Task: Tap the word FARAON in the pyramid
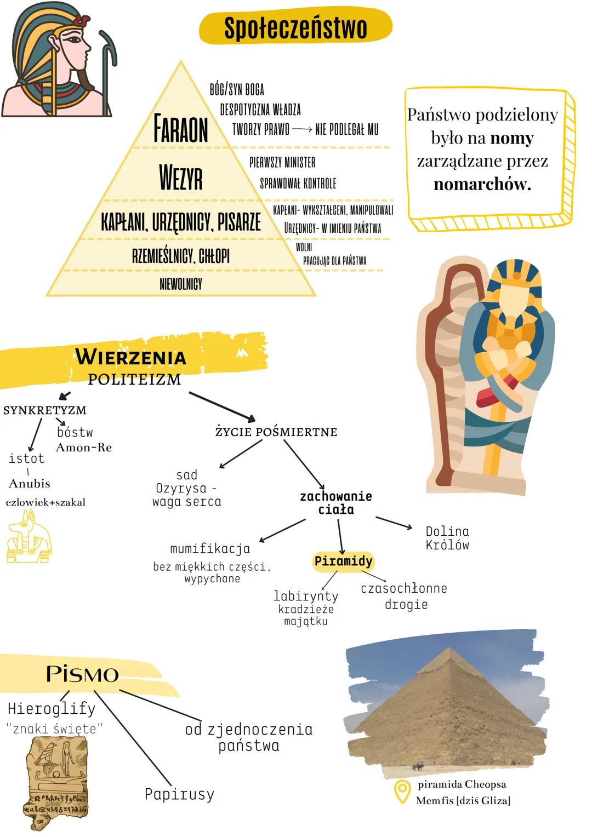(x=181, y=129)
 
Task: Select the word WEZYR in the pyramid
(x=181, y=177)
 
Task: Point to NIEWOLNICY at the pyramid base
(x=181, y=284)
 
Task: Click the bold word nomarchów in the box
(x=482, y=184)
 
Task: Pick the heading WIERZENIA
(x=131, y=357)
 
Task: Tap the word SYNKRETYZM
(x=45, y=410)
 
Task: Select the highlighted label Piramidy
(x=343, y=561)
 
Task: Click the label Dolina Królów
(x=447, y=538)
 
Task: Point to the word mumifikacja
(x=210, y=548)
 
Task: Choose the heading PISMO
(x=82, y=674)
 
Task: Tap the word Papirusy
(x=179, y=794)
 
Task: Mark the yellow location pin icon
(x=402, y=792)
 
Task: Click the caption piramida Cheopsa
(x=462, y=784)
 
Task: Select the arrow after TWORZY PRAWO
(x=301, y=130)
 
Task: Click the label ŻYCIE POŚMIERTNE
(x=276, y=432)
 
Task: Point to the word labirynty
(x=306, y=596)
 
